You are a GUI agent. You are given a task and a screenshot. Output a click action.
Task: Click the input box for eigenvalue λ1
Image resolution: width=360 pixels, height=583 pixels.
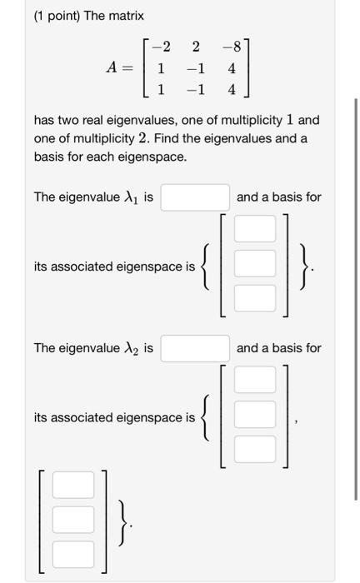195,197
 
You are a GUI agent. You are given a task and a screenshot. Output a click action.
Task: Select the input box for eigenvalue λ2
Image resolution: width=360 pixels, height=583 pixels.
195,348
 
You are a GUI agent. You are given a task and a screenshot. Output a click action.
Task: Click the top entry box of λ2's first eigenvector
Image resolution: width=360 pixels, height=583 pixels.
254,380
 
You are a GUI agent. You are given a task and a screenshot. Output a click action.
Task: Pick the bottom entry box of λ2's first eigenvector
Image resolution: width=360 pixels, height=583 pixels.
254,449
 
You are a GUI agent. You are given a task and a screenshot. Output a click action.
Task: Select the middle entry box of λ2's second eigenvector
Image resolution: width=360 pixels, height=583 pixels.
73,519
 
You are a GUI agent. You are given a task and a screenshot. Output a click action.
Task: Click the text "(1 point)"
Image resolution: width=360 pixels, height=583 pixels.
62,16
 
